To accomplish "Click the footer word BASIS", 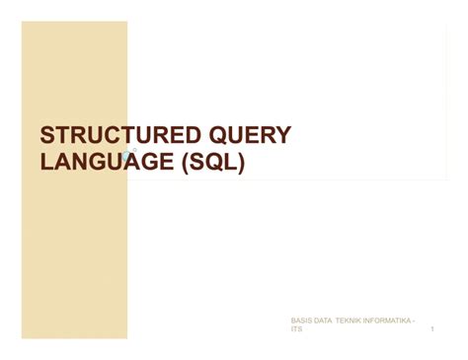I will tap(301, 321).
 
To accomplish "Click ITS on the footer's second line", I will tap(296, 329).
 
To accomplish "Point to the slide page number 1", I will tap(432, 329).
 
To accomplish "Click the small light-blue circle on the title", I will tap(126, 156).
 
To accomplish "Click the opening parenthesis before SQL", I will tap(185, 163).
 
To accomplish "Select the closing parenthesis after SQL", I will tap(241, 163).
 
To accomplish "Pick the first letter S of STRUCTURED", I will tap(46, 136).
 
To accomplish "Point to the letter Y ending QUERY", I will tap(283, 136).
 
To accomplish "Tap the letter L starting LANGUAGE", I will tap(45, 162).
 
